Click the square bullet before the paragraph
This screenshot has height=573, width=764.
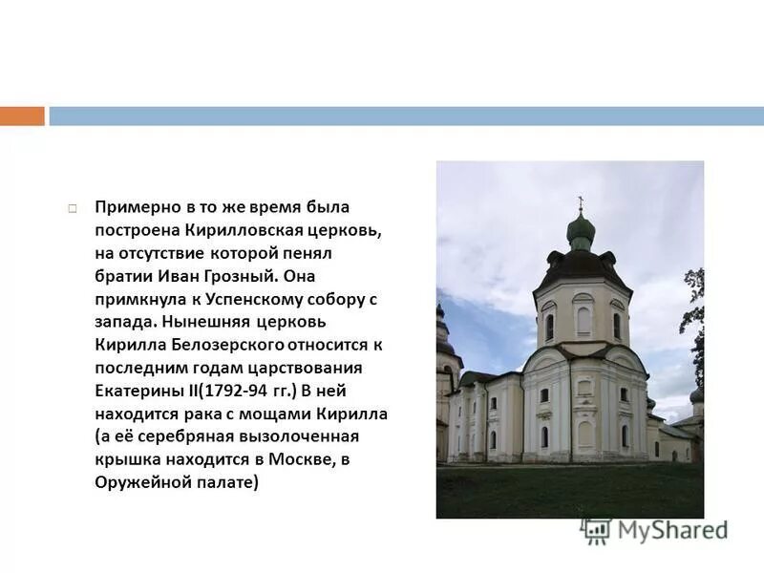73,207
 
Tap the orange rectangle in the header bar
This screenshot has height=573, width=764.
22,117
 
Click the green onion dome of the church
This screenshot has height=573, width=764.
581,228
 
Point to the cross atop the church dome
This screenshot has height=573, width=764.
580,202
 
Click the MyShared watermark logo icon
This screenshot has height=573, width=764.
597,531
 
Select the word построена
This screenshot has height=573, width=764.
131,230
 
